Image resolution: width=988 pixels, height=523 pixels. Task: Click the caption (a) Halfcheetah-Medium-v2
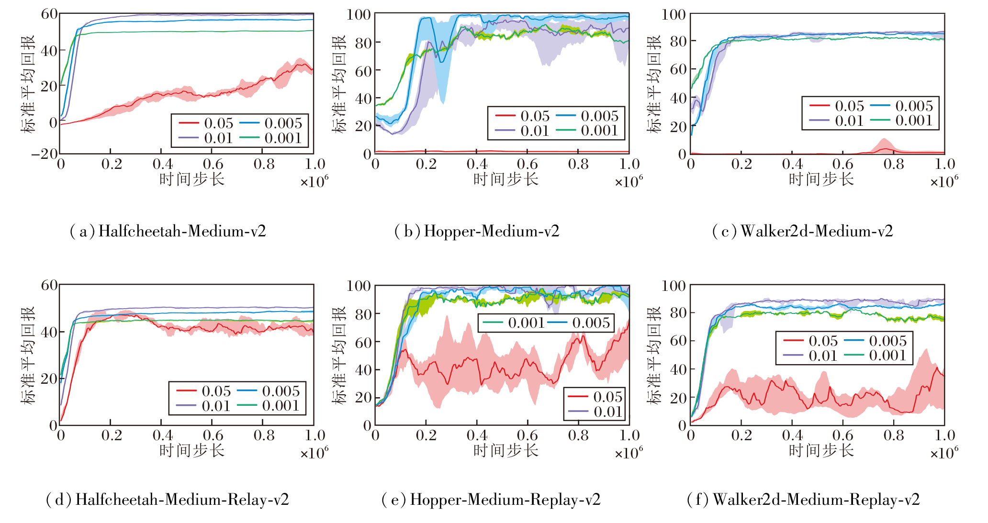pos(168,232)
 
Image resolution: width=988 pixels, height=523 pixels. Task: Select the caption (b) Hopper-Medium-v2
pos(476,232)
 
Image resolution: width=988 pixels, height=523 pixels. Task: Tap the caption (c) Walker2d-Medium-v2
pos(802,232)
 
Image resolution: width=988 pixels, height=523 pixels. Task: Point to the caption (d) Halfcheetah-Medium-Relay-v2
pos(168,500)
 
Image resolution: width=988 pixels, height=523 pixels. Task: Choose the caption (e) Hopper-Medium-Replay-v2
pos(491,500)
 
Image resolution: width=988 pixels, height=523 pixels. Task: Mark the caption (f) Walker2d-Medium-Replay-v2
pos(803,500)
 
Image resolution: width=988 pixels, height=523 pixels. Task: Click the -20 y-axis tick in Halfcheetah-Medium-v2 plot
pos(44,154)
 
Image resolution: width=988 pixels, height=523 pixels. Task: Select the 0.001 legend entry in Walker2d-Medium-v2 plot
pos(902,121)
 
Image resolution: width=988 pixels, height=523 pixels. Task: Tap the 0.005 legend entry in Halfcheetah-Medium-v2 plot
pos(271,123)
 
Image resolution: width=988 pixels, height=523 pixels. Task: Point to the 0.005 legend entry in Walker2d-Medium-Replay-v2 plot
pos(876,341)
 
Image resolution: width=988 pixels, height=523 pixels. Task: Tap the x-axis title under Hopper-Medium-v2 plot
pos(505,179)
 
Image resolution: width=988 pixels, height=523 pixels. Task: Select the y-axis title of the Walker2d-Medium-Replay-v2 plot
pos(654,355)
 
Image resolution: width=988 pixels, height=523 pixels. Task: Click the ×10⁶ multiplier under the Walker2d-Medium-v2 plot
pos(944,182)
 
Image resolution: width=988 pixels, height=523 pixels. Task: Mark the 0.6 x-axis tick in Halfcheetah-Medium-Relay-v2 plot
pos(213,435)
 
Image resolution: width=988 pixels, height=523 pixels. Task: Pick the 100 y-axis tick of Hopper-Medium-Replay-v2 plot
pos(359,286)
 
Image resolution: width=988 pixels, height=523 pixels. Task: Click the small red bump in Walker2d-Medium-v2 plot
pos(884,145)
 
